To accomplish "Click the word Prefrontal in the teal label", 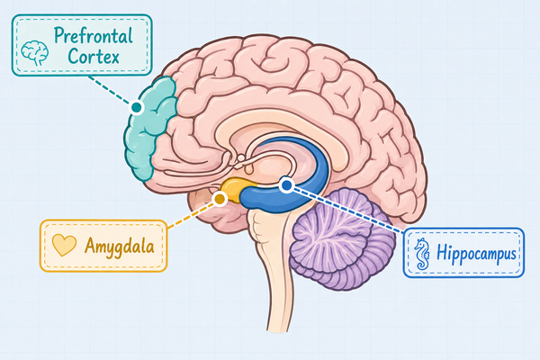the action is tap(94, 36).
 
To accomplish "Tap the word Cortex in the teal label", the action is tap(94, 56).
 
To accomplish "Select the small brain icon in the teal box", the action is tap(34, 53).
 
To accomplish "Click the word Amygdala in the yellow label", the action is tap(119, 247).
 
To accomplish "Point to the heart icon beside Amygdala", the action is tap(64, 245).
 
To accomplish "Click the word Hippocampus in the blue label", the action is tap(476, 254).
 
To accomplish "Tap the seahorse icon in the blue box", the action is tap(422, 254).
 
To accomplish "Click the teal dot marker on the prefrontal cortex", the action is tap(137, 107).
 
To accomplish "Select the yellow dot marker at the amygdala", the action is tap(220, 198).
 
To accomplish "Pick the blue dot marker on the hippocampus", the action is tap(286, 185).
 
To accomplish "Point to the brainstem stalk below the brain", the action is tap(274, 269).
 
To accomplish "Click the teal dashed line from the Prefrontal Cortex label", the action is tap(110, 90).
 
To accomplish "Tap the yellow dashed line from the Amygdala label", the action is tap(191, 215).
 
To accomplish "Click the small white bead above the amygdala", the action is tap(241, 158).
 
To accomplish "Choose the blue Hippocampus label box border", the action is tap(463, 228).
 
